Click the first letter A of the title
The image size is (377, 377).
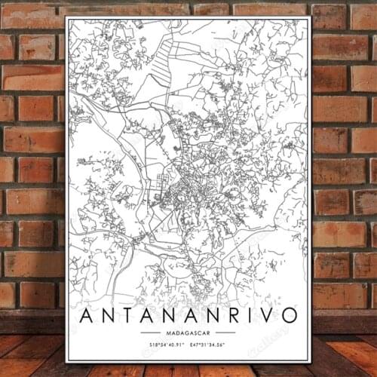pyautogui.click(x=85, y=314)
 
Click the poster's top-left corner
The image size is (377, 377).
pyautogui.click(x=66, y=17)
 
